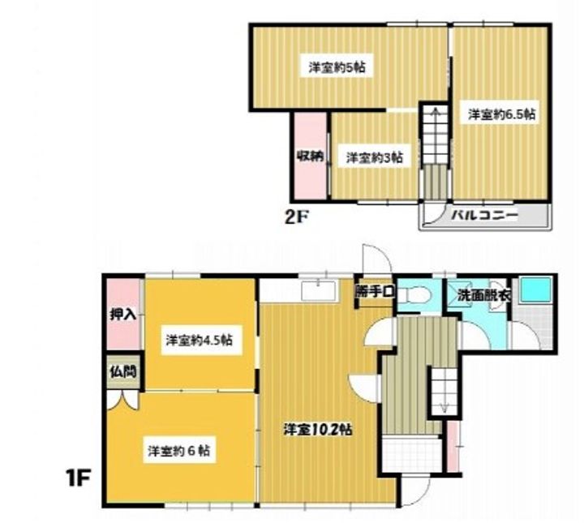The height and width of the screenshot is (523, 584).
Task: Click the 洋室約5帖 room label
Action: click(337, 68)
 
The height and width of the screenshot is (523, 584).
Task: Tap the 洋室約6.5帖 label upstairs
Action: click(501, 114)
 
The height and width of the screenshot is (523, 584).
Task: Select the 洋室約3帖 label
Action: click(375, 158)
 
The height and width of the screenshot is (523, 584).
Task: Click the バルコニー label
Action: click(485, 217)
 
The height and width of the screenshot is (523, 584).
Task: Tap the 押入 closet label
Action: click(122, 314)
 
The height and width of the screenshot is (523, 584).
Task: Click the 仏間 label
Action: click(122, 375)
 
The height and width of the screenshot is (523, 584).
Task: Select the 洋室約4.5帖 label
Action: click(199, 341)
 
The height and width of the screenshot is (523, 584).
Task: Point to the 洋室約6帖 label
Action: click(179, 449)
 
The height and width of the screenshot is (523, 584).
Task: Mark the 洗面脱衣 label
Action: click(483, 296)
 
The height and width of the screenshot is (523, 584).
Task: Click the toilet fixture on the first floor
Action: click(415, 298)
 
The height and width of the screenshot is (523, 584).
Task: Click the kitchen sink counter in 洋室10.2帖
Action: click(318, 290)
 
